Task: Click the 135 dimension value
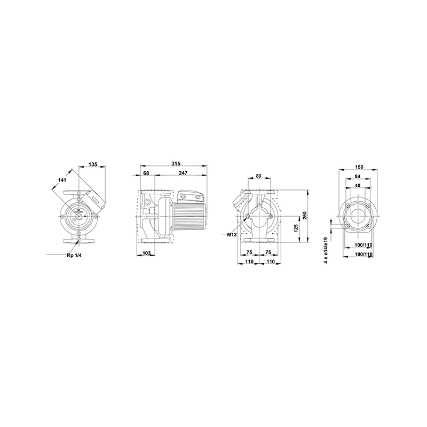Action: point(93,164)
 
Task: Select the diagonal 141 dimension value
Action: point(62,180)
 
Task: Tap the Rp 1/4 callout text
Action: point(74,256)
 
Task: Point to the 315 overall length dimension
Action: point(176,164)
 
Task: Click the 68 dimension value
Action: point(146,173)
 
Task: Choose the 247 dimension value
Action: point(183,173)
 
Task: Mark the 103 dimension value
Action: point(146,253)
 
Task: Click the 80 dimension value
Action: point(259,176)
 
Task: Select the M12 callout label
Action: point(232,234)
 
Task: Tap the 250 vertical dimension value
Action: point(305,216)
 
